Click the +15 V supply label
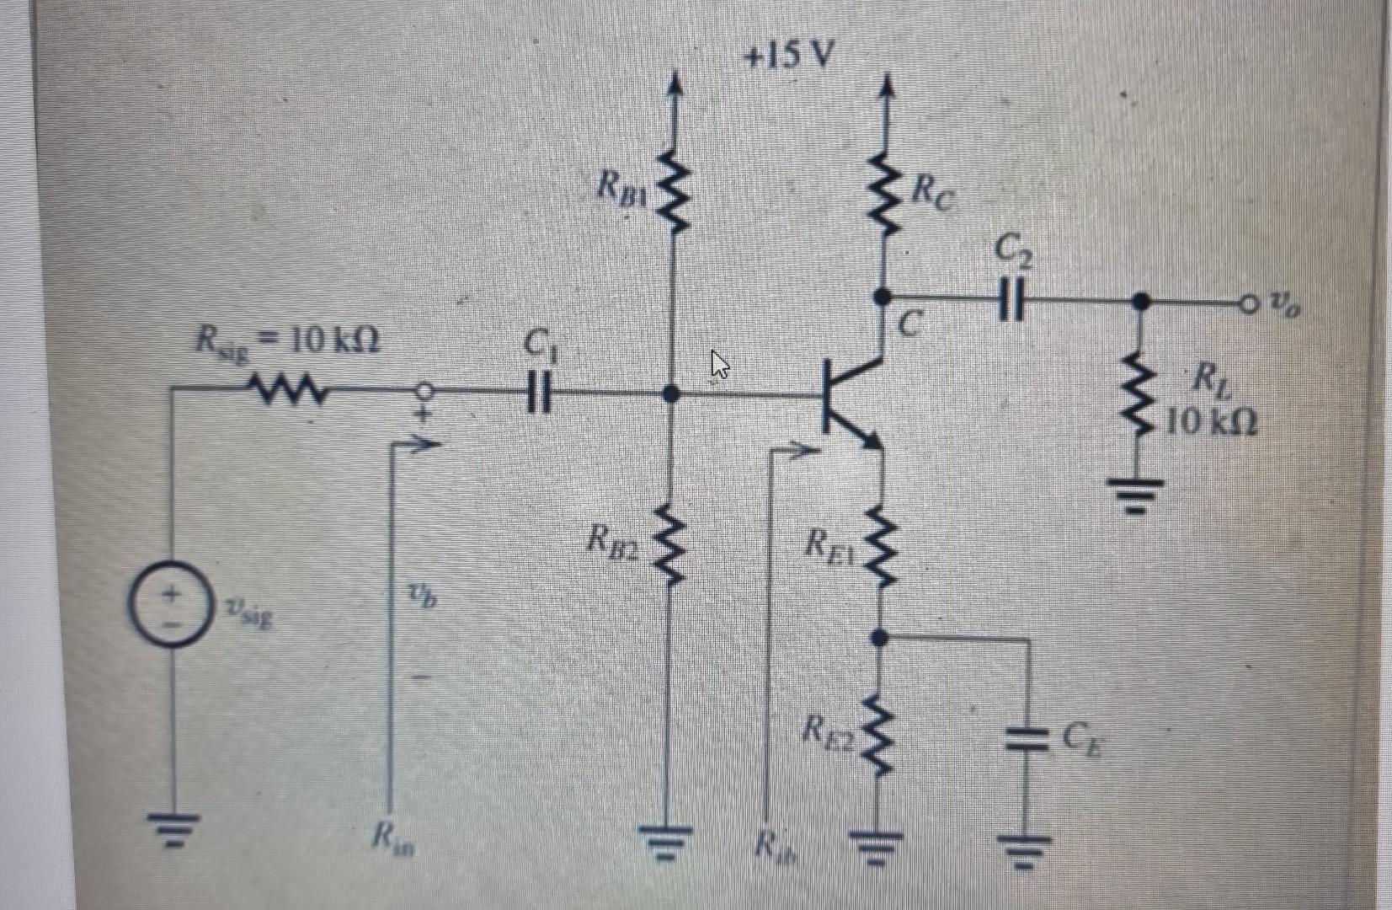click(789, 56)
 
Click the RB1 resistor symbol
click(672, 191)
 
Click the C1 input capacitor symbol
click(538, 393)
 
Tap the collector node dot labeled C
click(881, 297)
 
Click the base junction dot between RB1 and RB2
click(671, 393)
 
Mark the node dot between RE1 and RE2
click(880, 639)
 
